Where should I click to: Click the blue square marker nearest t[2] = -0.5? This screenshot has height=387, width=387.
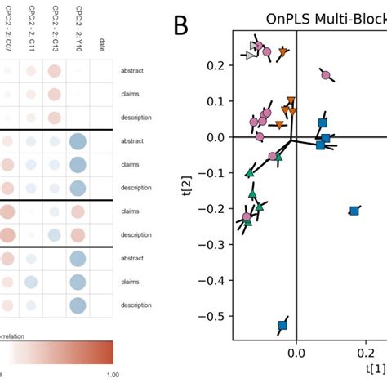coord(282,326)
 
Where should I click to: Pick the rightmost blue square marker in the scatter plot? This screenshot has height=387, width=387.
coord(354,211)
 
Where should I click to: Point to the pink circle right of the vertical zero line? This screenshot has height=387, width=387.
coord(326,75)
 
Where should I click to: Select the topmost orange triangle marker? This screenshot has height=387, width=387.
coord(282,52)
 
